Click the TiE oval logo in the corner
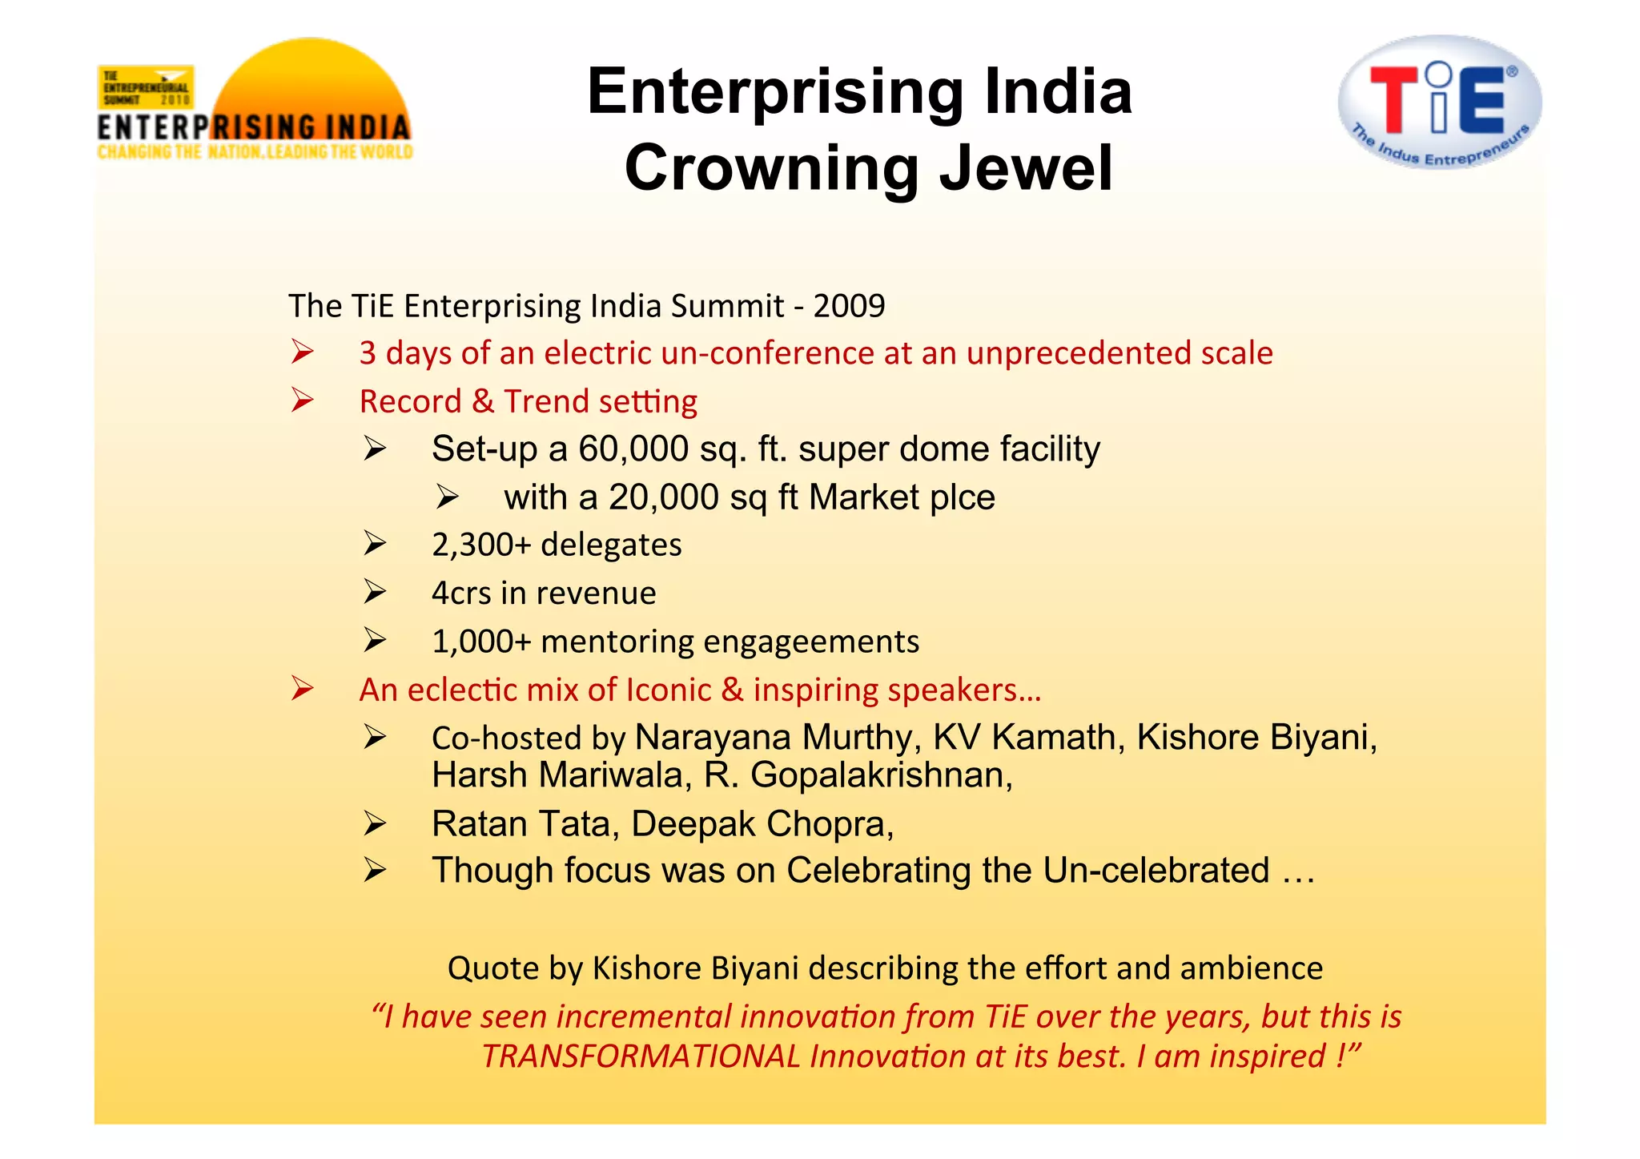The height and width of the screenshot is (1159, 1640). [1439, 102]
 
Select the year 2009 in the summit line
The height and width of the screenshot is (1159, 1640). [849, 306]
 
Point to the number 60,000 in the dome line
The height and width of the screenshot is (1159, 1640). [633, 449]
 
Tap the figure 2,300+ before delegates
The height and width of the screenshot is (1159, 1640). [481, 545]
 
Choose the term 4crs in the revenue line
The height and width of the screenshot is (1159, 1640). [461, 594]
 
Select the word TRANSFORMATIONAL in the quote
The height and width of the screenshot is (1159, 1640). [641, 1056]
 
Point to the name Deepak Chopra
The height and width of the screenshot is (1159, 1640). [762, 824]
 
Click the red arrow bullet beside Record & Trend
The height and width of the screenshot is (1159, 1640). [302, 400]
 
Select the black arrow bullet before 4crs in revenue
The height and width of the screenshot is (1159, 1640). [374, 592]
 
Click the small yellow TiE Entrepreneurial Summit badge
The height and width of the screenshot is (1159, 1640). [146, 87]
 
